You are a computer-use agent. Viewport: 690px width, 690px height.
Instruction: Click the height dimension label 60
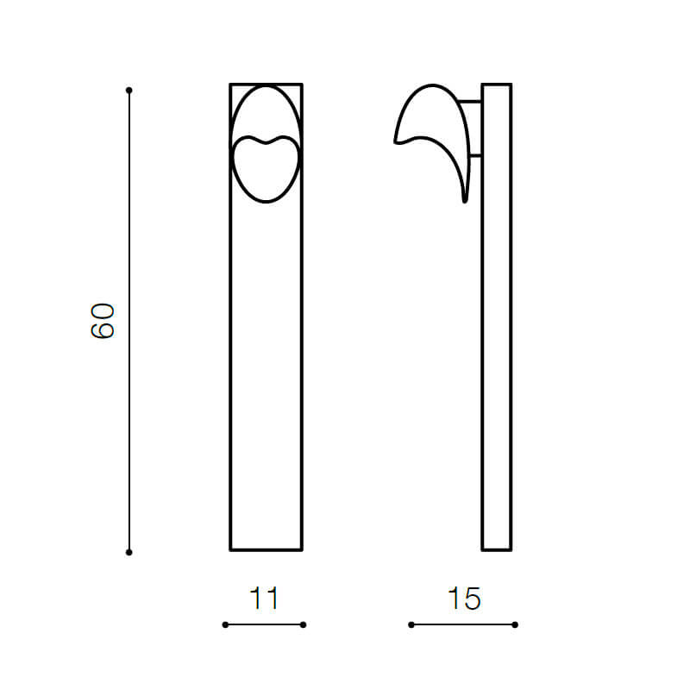(x=103, y=321)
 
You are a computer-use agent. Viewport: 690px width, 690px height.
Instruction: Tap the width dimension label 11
(x=264, y=599)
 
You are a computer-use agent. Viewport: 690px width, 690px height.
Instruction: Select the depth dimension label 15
(x=464, y=599)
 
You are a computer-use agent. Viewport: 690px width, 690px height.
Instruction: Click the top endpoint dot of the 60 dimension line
(x=129, y=91)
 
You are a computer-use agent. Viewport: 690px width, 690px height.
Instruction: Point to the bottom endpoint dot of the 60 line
(x=129, y=552)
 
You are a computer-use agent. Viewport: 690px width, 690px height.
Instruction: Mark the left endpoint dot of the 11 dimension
(x=225, y=624)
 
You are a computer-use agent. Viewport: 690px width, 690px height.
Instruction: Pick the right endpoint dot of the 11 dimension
(x=303, y=624)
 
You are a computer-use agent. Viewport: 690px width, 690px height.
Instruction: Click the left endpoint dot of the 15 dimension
(x=411, y=624)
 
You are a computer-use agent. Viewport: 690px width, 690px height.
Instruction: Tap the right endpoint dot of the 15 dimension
(x=515, y=624)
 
